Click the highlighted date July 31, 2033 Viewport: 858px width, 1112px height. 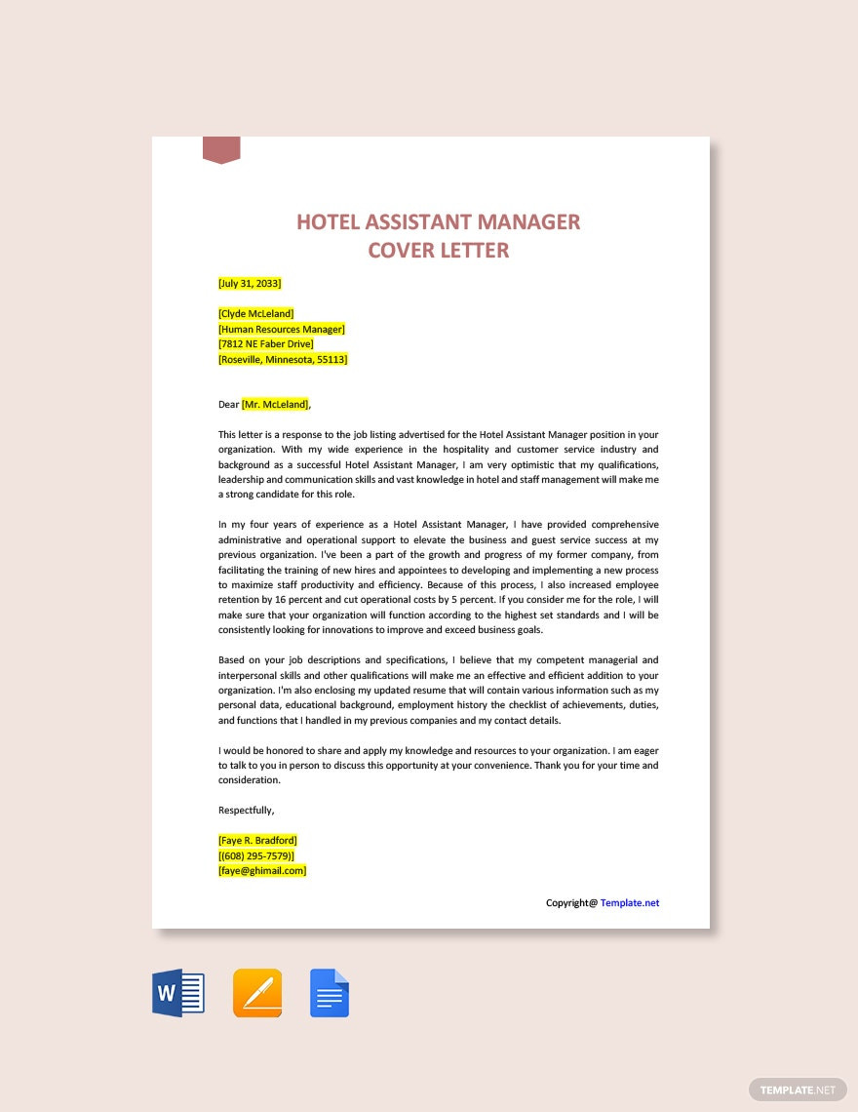click(250, 283)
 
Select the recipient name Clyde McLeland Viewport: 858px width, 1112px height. click(256, 314)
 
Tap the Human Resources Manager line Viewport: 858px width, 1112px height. click(282, 329)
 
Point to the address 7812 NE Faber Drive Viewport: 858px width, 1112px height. click(266, 344)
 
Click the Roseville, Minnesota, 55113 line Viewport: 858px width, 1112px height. click(283, 359)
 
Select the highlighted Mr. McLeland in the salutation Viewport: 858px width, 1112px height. click(276, 404)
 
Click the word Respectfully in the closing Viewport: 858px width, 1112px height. click(246, 810)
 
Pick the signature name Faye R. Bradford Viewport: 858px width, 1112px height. click(258, 840)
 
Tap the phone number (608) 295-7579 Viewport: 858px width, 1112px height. click(256, 855)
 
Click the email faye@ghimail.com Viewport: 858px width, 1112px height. click(262, 870)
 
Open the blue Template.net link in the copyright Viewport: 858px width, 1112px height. click(630, 902)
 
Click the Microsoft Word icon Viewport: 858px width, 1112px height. click(178, 994)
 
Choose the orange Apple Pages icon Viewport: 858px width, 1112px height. click(257, 994)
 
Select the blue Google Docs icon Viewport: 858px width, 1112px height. click(330, 994)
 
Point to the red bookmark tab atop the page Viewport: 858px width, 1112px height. click(221, 149)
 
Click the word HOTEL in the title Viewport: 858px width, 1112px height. click(329, 222)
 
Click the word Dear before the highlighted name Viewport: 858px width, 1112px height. click(229, 404)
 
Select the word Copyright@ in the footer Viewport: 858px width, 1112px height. click(571, 902)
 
